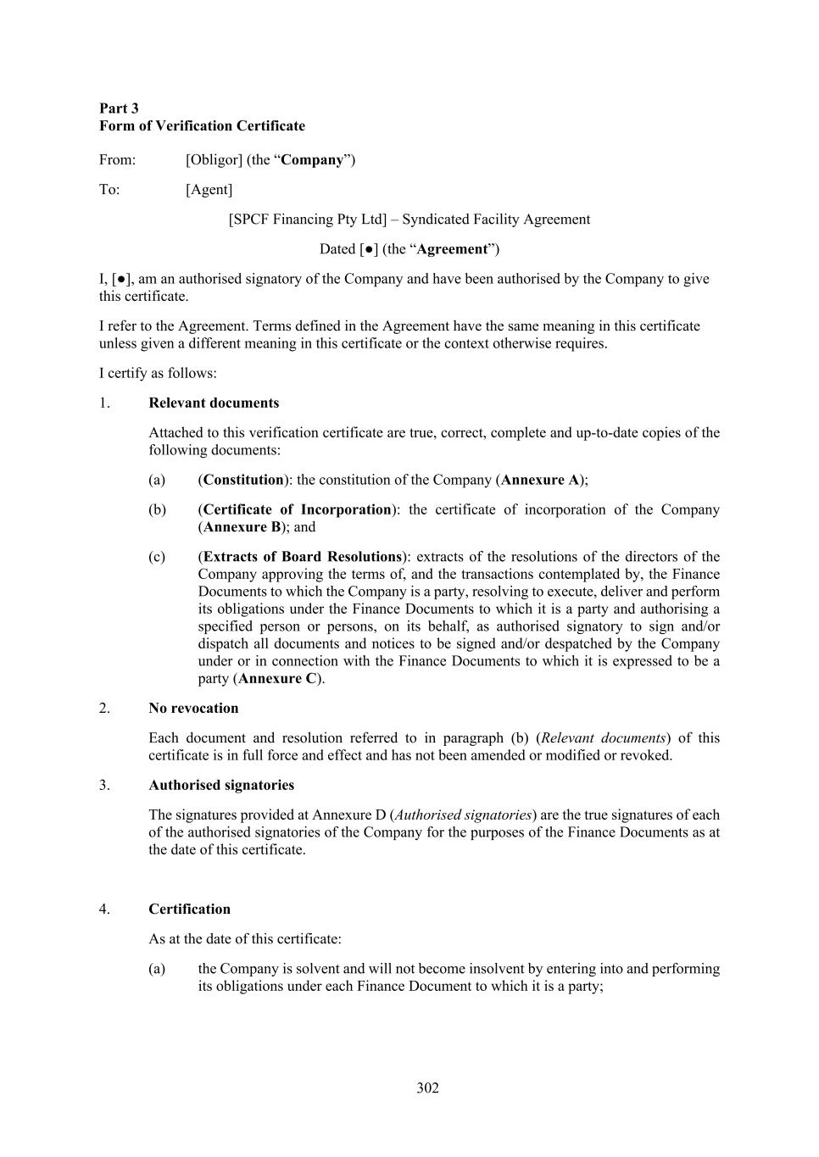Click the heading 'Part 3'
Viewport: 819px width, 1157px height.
click(119, 108)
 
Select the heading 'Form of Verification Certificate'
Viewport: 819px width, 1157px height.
click(202, 125)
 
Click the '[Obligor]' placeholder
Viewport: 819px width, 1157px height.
click(214, 159)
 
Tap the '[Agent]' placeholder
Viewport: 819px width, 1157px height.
click(209, 189)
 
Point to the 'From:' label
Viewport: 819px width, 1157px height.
click(117, 159)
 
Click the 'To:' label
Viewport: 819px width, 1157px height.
click(109, 189)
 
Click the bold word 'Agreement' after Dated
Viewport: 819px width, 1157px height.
click(452, 248)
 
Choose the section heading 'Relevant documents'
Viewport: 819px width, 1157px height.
click(214, 403)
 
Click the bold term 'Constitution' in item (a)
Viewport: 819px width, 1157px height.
click(243, 480)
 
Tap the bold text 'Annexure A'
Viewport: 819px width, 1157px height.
click(540, 480)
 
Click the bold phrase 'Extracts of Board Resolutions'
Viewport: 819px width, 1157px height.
click(302, 557)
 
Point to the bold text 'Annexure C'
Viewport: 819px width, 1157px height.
click(277, 678)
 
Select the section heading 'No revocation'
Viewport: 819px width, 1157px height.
click(193, 708)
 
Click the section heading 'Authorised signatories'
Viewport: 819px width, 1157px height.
click(221, 785)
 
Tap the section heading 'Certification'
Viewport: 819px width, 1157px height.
click(189, 909)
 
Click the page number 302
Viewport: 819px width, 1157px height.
click(428, 1087)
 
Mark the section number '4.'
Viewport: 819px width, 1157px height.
click(104, 909)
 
